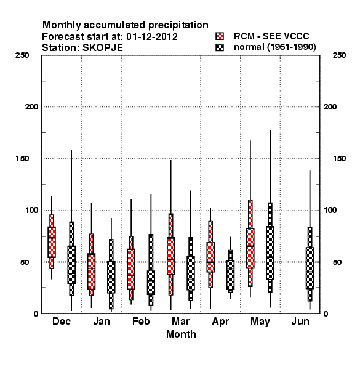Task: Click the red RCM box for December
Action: tap(52, 242)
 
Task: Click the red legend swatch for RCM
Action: tap(220, 36)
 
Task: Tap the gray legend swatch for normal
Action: tap(220, 47)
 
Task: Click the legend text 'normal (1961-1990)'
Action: tap(274, 47)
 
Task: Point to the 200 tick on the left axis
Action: tap(31, 107)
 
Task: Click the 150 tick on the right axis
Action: tap(339, 159)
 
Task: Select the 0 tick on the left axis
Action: tap(36, 314)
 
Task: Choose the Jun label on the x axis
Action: tap(300, 322)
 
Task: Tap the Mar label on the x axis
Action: tap(180, 322)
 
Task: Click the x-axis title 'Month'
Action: tap(181, 334)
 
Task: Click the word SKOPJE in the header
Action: tap(102, 48)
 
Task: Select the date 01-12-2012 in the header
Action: tap(152, 37)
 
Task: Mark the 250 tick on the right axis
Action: tap(339, 55)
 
